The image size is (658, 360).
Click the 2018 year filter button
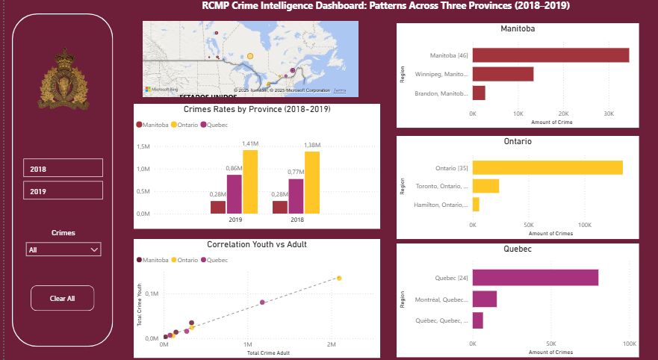point(63,169)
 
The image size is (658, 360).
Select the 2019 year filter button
point(63,190)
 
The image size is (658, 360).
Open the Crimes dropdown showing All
point(63,249)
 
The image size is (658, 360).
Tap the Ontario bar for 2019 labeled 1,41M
point(249,181)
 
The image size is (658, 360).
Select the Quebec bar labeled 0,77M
point(296,196)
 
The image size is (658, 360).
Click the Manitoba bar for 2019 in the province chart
point(217,207)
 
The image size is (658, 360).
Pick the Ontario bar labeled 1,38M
point(311,182)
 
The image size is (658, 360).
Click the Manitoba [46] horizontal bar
point(550,55)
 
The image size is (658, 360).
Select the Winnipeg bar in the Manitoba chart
point(503,74)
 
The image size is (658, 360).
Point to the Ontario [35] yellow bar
point(547,168)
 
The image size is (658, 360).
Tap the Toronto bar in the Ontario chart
point(485,186)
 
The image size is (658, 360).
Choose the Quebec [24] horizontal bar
point(536,278)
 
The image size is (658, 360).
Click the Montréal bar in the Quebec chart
point(485,299)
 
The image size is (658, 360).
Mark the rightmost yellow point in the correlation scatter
point(339,278)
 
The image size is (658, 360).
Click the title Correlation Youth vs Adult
point(256,244)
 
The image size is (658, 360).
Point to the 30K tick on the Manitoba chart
point(609,114)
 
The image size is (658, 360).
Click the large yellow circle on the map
point(250,56)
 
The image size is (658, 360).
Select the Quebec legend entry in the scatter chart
point(217,260)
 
